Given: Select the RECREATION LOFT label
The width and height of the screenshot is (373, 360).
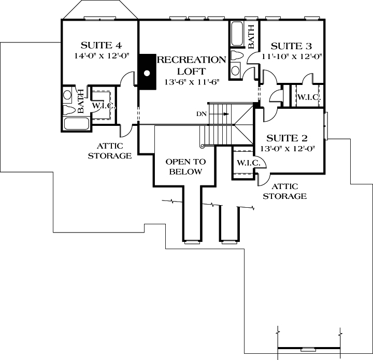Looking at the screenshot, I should coord(192,65).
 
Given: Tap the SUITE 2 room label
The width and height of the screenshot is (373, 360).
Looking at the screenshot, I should coord(287,138).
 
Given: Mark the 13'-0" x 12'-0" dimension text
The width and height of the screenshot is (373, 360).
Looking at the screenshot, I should coord(287,149).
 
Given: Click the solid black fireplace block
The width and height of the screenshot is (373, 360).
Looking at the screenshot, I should coord(147,73).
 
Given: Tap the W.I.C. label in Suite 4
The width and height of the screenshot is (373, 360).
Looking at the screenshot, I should coord(103,106).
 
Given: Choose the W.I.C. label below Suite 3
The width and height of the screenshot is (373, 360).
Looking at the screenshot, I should coord(308,96).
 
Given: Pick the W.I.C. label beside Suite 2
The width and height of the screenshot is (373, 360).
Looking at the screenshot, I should coord(247,162).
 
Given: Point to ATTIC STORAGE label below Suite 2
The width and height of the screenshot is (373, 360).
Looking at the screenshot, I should coord(284,192).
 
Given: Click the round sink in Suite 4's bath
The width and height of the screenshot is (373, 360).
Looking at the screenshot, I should coord(67,95).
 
